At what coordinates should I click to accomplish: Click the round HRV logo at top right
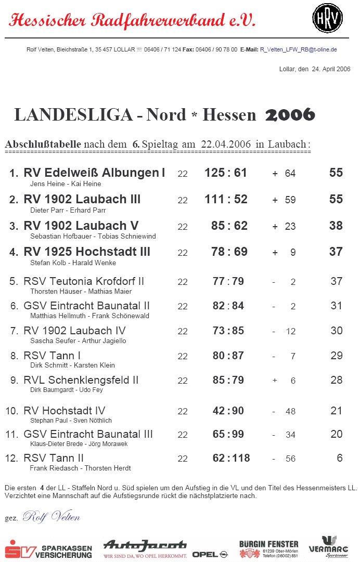(327, 18)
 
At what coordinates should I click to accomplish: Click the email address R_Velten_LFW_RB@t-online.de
(298, 49)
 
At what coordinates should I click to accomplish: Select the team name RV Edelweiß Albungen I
(94, 173)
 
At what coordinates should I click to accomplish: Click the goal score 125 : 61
(226, 173)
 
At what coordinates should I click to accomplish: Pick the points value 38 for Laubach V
(336, 226)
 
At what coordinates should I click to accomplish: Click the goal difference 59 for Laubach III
(290, 200)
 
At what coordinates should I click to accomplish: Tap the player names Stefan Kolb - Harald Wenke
(73, 263)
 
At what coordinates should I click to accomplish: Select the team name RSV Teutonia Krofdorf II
(84, 281)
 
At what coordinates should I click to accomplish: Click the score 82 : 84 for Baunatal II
(228, 306)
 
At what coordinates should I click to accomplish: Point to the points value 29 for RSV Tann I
(336, 356)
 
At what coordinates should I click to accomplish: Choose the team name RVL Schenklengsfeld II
(81, 380)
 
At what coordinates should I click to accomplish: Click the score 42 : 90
(228, 411)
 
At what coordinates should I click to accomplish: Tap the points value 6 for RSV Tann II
(339, 458)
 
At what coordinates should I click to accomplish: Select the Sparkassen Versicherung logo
(48, 549)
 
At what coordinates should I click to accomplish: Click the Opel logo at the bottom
(210, 555)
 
